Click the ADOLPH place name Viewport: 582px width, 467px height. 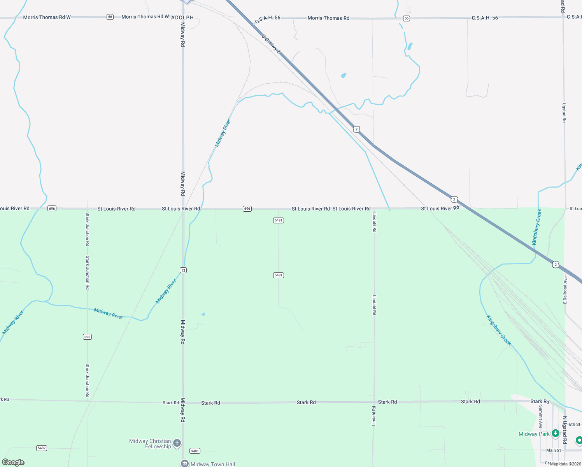[x=182, y=18]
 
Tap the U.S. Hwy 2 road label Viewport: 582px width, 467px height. [x=271, y=43]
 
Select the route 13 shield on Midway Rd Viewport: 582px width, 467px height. [x=183, y=270]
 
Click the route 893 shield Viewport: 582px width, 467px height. [x=88, y=337]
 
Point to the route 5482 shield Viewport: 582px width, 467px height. [x=42, y=448]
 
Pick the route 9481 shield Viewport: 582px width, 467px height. [x=195, y=451]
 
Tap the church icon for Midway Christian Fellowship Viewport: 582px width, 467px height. [x=177, y=443]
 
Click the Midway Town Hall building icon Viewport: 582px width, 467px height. [x=184, y=463]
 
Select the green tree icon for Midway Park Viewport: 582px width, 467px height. [x=556, y=433]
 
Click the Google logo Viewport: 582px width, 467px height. [x=13, y=462]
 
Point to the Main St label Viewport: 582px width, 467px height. [x=554, y=450]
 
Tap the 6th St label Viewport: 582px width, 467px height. [x=574, y=424]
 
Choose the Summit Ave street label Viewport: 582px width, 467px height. [x=540, y=416]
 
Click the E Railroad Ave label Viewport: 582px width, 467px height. [x=565, y=290]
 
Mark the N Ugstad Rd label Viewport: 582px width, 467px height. [x=564, y=430]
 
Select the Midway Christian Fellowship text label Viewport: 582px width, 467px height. [x=150, y=444]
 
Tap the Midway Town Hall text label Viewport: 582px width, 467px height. [x=213, y=464]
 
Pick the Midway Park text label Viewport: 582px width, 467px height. [x=534, y=434]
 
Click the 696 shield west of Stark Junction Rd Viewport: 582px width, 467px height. [x=52, y=209]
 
